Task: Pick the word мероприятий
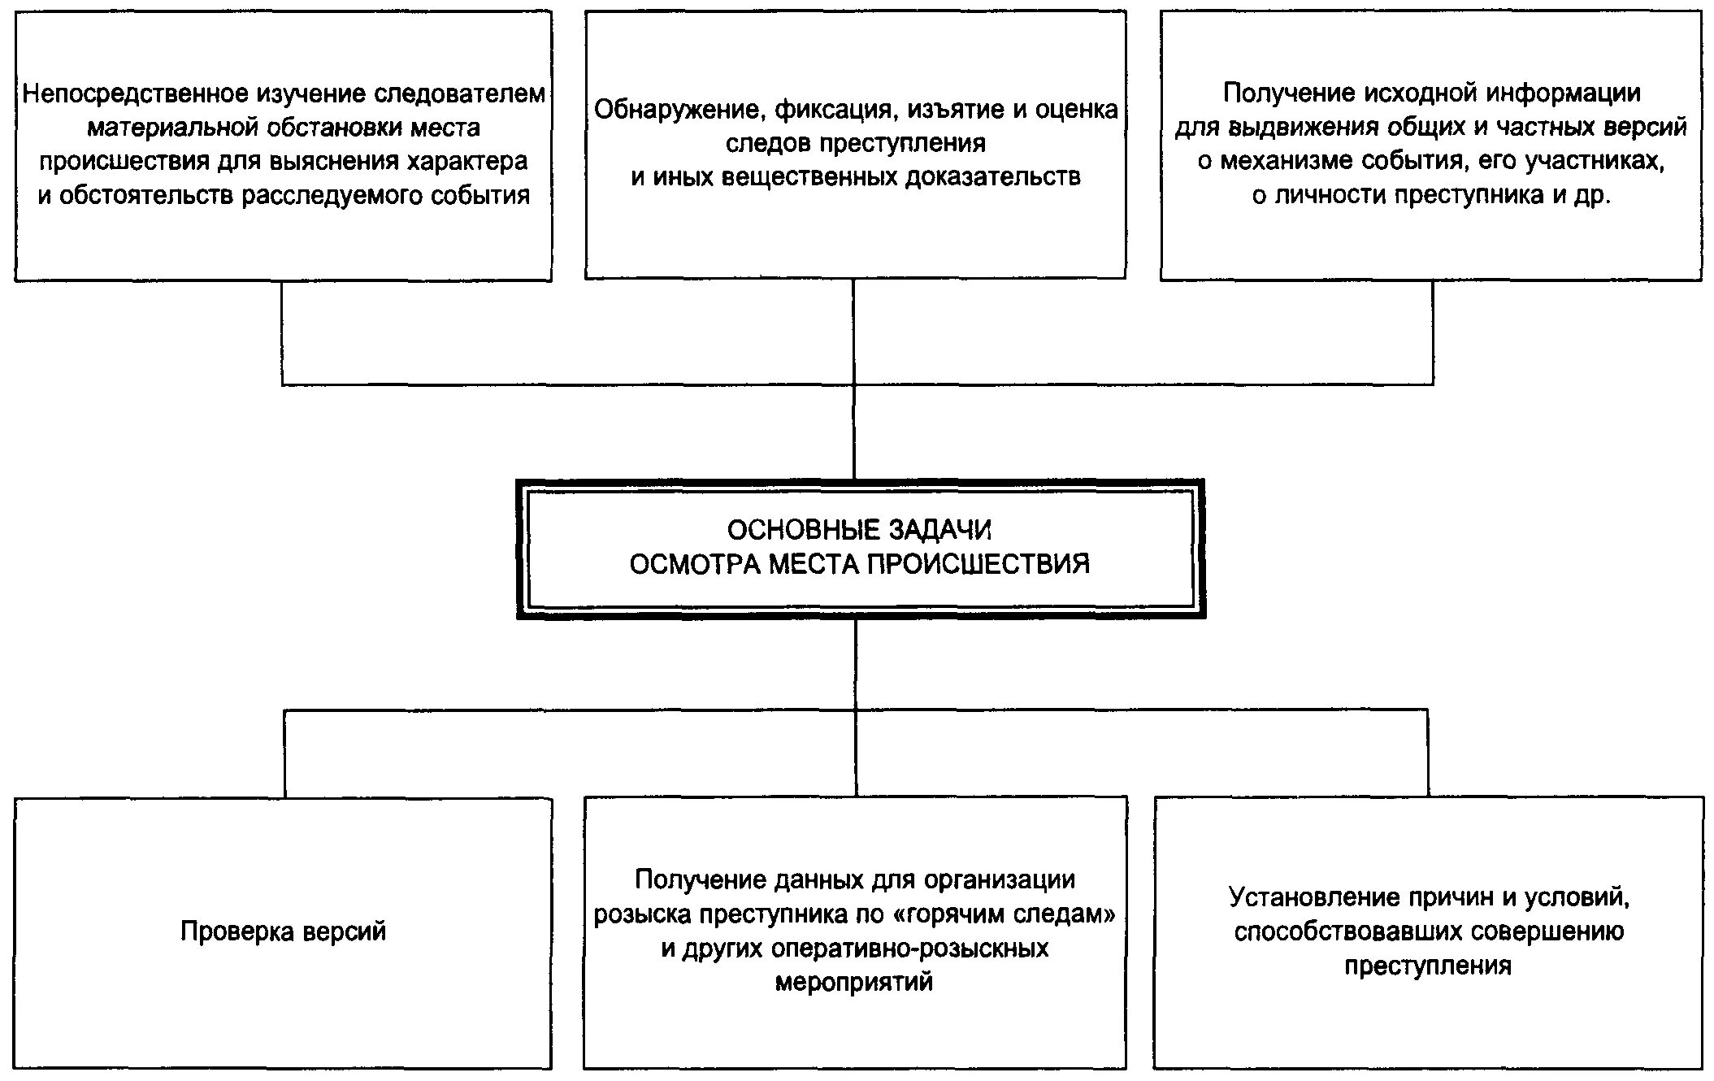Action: pos(854,983)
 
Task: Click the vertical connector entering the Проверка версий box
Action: pos(284,753)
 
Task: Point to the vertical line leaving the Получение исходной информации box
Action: pos(1432,332)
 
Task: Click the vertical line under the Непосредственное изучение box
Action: pos(282,332)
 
